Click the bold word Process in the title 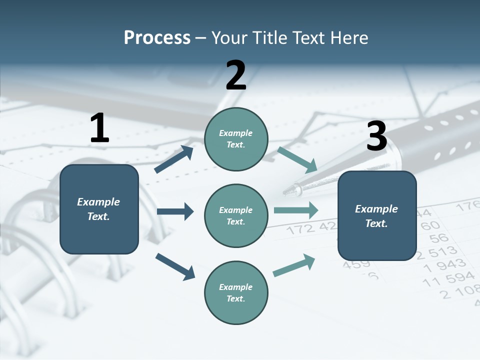[157, 37]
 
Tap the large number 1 [99, 128]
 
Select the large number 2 [236, 75]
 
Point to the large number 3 [376, 136]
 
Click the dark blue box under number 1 [99, 209]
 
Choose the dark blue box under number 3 [377, 215]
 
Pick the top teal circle [236, 139]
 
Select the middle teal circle [236, 215]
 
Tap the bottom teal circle [236, 292]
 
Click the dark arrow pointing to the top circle [174, 159]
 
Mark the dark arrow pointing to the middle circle [175, 211]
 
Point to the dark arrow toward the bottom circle [175, 266]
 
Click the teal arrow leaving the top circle [297, 160]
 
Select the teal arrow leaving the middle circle [296, 210]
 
